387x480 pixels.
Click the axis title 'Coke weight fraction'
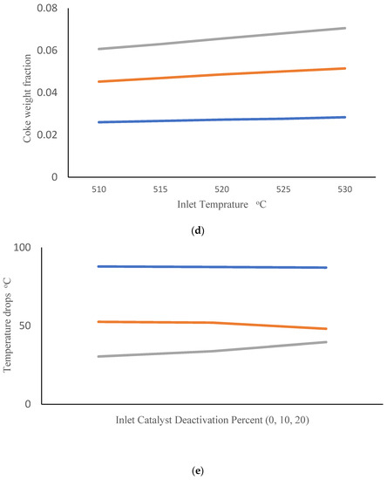[16, 93]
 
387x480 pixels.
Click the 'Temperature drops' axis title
[8, 326]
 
